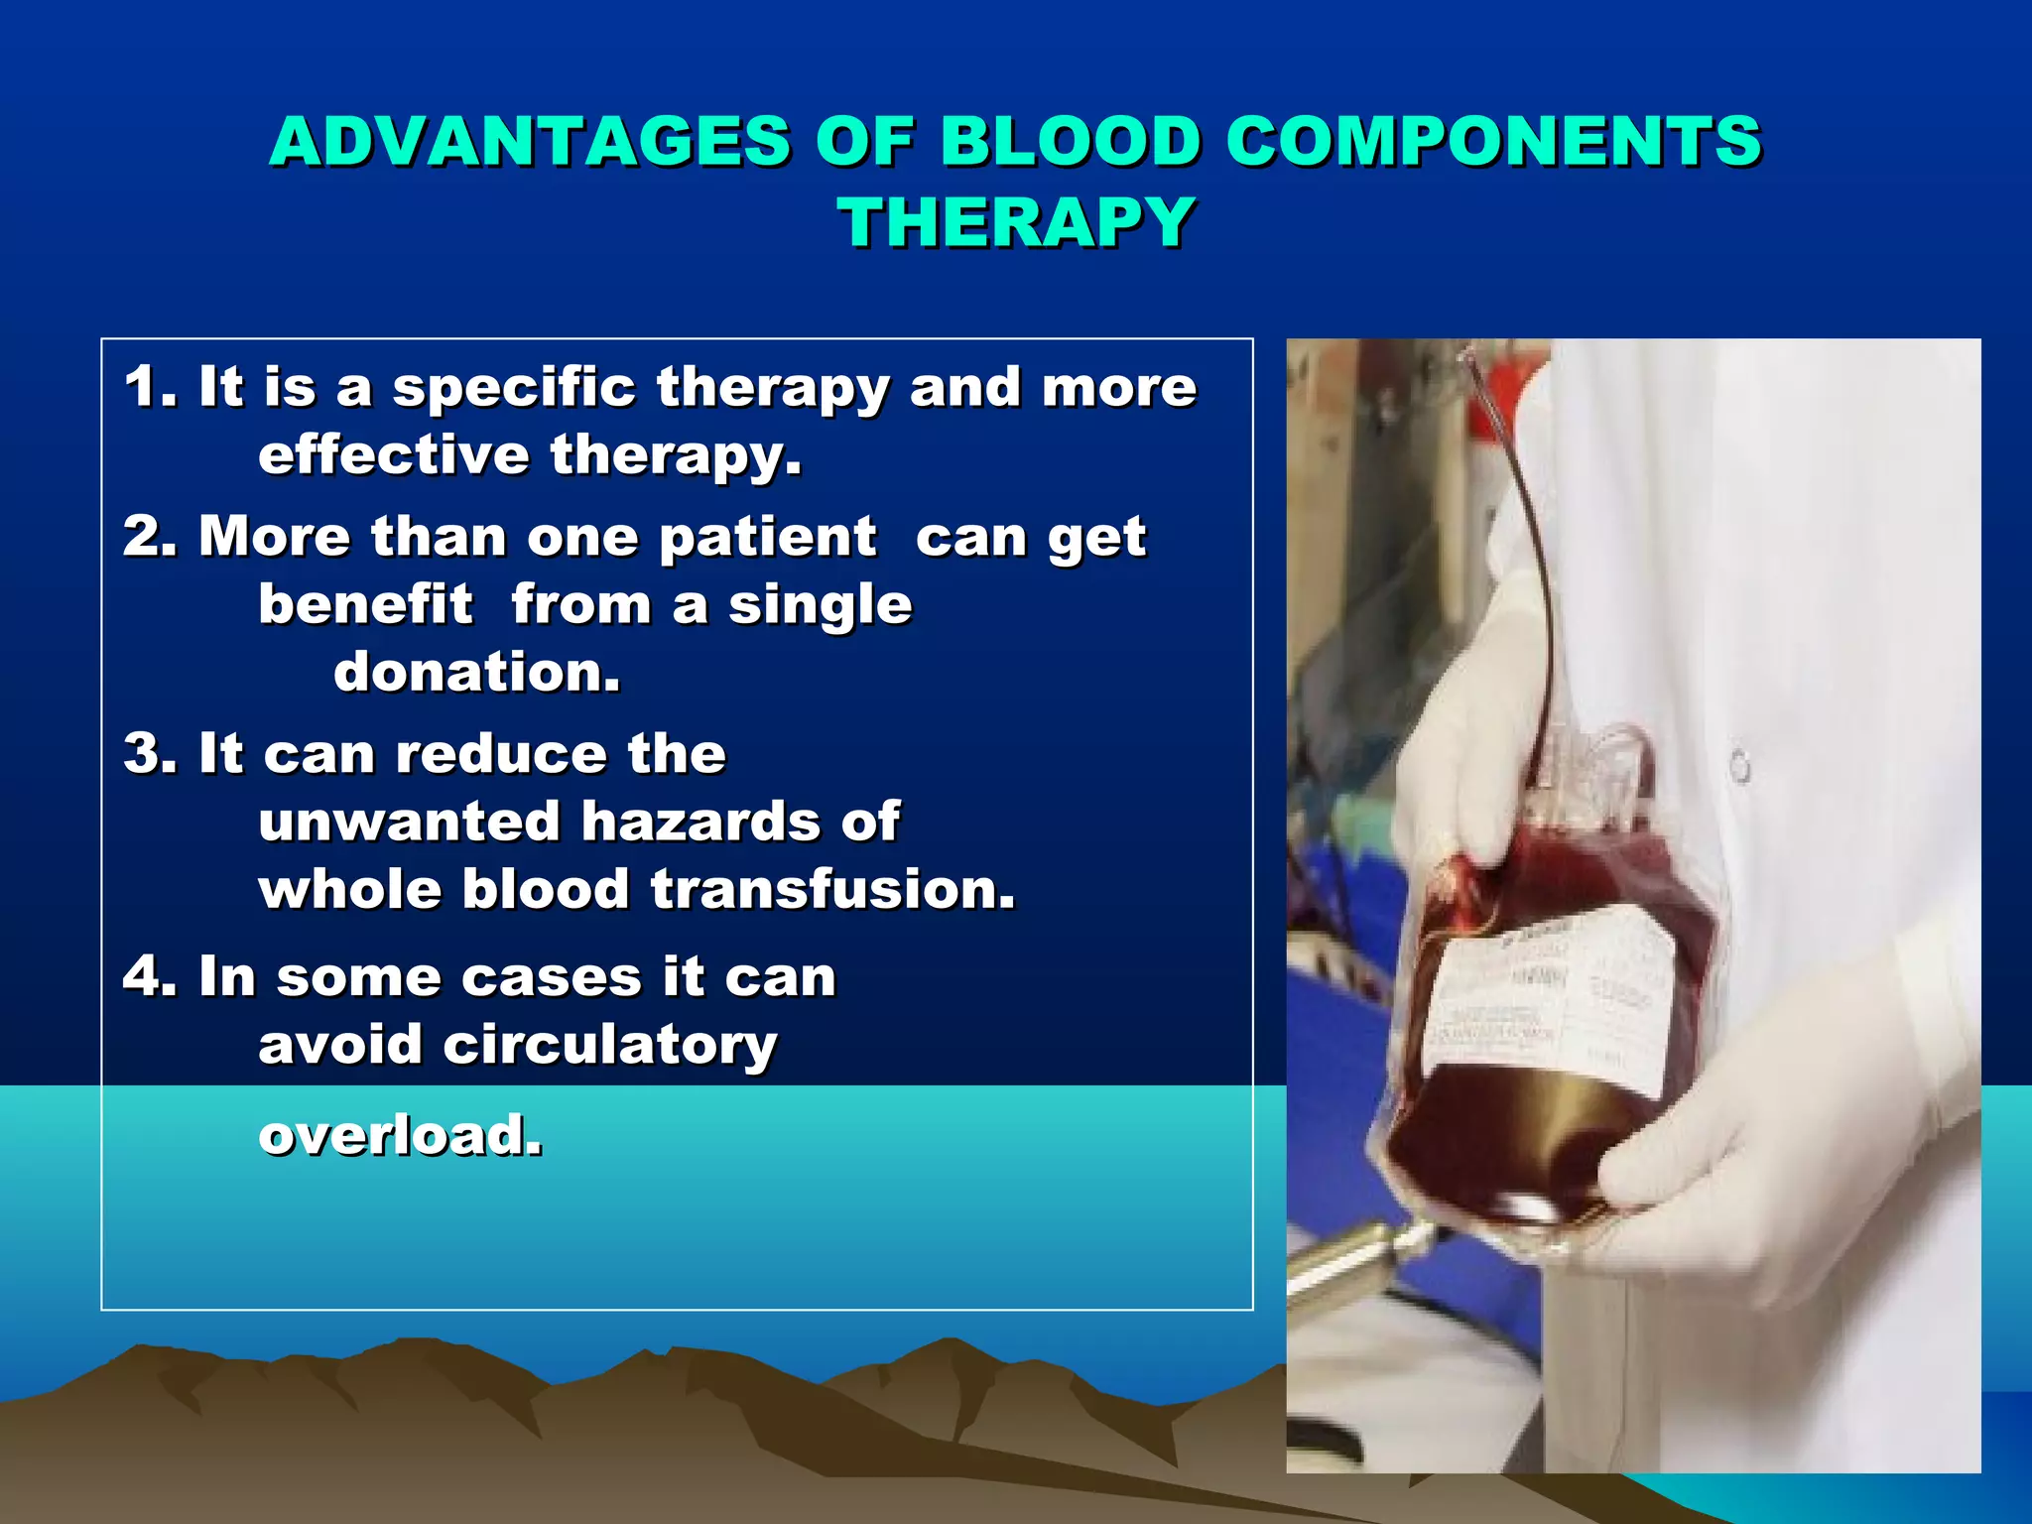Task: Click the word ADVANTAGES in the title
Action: click(529, 141)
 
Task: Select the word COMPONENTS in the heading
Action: click(1493, 141)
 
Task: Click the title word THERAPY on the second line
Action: click(1017, 222)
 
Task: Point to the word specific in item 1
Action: click(513, 388)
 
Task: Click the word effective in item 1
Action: click(393, 455)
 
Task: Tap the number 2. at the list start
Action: click(150, 537)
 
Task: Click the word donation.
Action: click(476, 673)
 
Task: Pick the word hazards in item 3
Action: click(700, 823)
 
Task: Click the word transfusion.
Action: click(833, 889)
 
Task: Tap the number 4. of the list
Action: click(150, 976)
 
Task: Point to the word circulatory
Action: click(609, 1046)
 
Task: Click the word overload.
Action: click(400, 1135)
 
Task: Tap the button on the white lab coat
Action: click(1740, 767)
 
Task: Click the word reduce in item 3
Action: click(501, 755)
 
